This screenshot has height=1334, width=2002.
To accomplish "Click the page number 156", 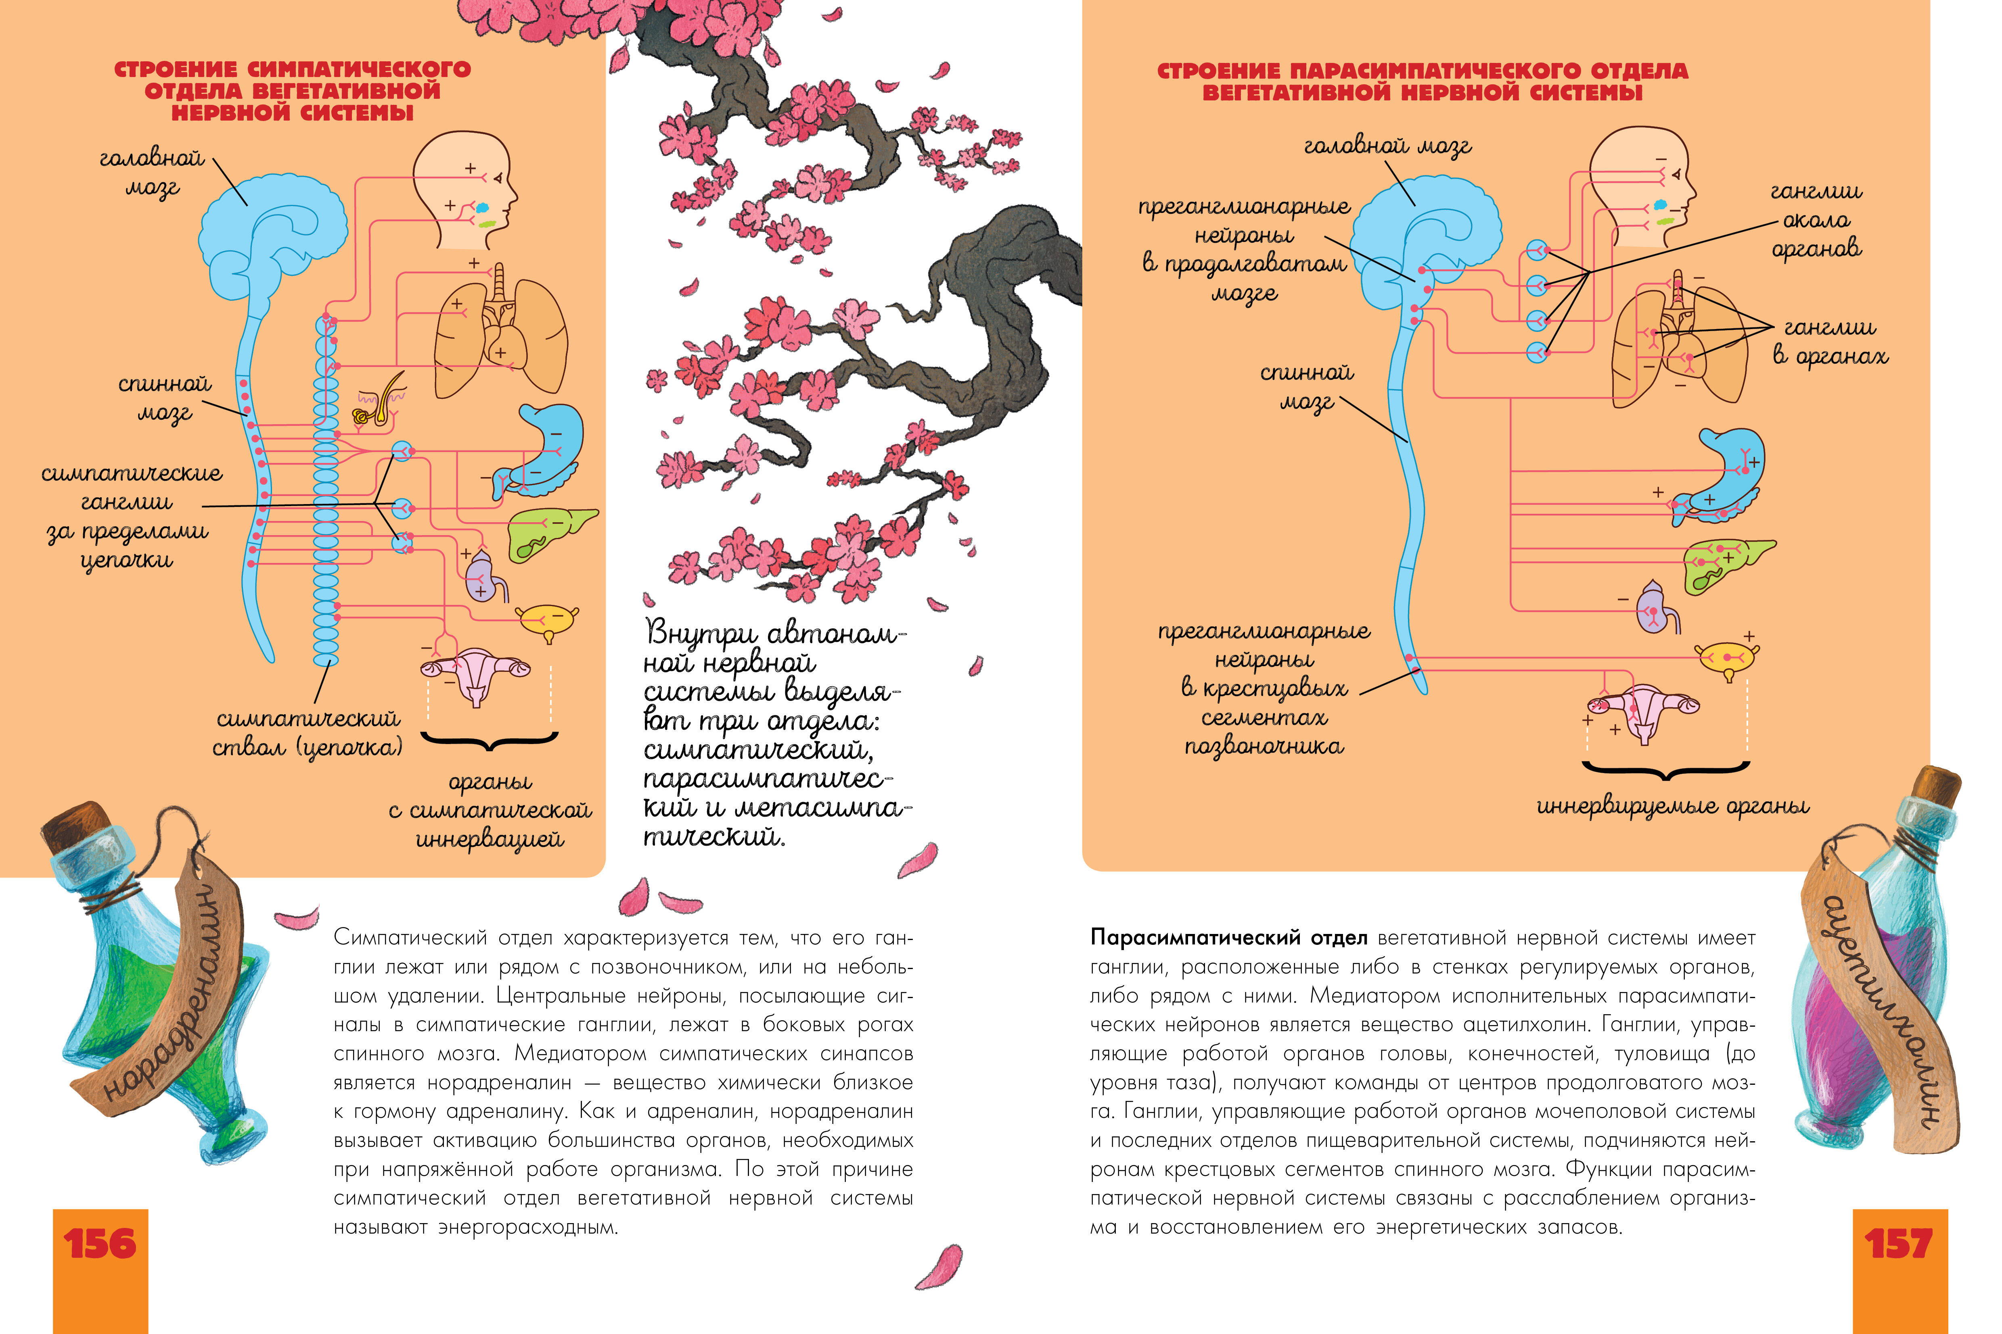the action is tap(100, 1244).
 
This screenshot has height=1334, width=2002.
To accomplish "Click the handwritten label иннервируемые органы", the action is tap(1673, 806).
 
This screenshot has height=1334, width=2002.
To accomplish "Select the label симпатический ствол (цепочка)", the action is tap(308, 734).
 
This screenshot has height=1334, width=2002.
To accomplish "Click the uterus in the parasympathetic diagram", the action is tap(1643, 711).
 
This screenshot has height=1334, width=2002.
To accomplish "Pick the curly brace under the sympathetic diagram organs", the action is tap(490, 742).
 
